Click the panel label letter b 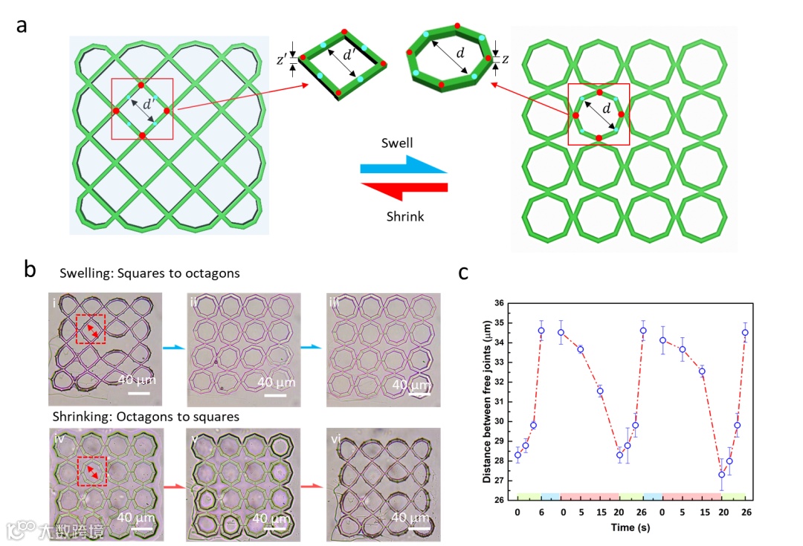30,269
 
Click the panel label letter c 463,273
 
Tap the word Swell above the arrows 398,143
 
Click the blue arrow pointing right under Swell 404,166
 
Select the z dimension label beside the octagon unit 506,59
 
